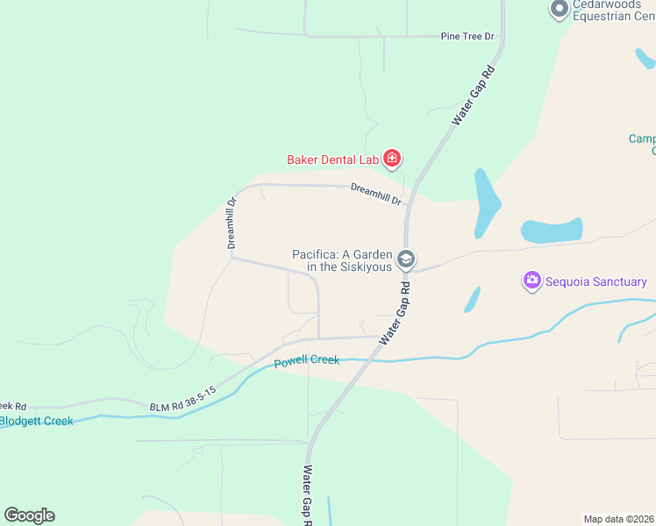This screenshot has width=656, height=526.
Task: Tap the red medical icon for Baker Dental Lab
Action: [391, 159]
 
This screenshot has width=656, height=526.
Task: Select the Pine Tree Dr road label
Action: [467, 37]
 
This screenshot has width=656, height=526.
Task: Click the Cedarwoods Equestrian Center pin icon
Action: [559, 10]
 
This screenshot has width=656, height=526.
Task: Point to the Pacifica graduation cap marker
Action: [406, 259]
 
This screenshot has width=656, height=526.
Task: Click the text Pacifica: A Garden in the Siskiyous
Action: [342, 260]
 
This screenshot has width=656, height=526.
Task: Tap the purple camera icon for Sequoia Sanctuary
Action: [531, 281]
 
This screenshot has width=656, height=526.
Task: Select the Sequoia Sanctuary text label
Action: [595, 281]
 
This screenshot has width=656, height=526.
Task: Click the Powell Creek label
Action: [306, 361]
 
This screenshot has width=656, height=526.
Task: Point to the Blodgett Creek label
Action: [36, 421]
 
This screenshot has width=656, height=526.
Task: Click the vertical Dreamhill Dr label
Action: [232, 223]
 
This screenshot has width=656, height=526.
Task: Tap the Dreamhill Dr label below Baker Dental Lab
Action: [376, 194]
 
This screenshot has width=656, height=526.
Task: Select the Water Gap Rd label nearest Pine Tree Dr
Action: [474, 94]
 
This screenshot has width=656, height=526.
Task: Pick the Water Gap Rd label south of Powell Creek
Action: [308, 494]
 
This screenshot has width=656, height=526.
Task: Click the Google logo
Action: [29, 515]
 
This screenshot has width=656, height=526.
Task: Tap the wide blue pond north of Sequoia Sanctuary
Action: [552, 231]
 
